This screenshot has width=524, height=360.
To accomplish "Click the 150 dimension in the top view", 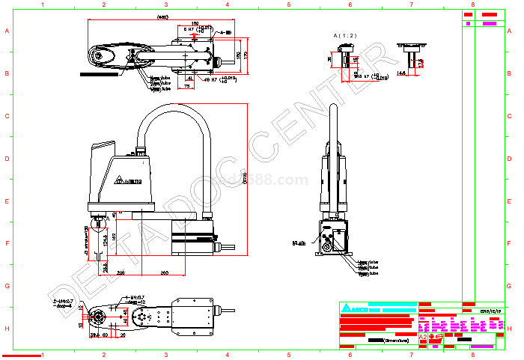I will tap(195, 24).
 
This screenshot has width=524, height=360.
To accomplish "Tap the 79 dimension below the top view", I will tap(187, 85).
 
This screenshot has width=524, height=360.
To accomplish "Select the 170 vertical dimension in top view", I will tap(245, 55).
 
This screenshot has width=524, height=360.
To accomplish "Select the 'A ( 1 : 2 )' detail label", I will tap(345, 35).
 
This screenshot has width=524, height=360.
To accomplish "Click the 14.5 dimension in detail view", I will tap(401, 73).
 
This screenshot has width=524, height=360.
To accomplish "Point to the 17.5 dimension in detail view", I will tap(421, 63).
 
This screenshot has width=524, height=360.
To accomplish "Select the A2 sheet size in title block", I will tap(423, 338).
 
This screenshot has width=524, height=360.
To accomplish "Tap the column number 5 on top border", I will tap(288, 4).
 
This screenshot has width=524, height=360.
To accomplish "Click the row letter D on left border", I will tap(7, 159).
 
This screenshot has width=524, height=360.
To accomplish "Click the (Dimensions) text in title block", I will tap(396, 340).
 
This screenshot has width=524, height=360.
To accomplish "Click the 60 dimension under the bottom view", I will tap(106, 335).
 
